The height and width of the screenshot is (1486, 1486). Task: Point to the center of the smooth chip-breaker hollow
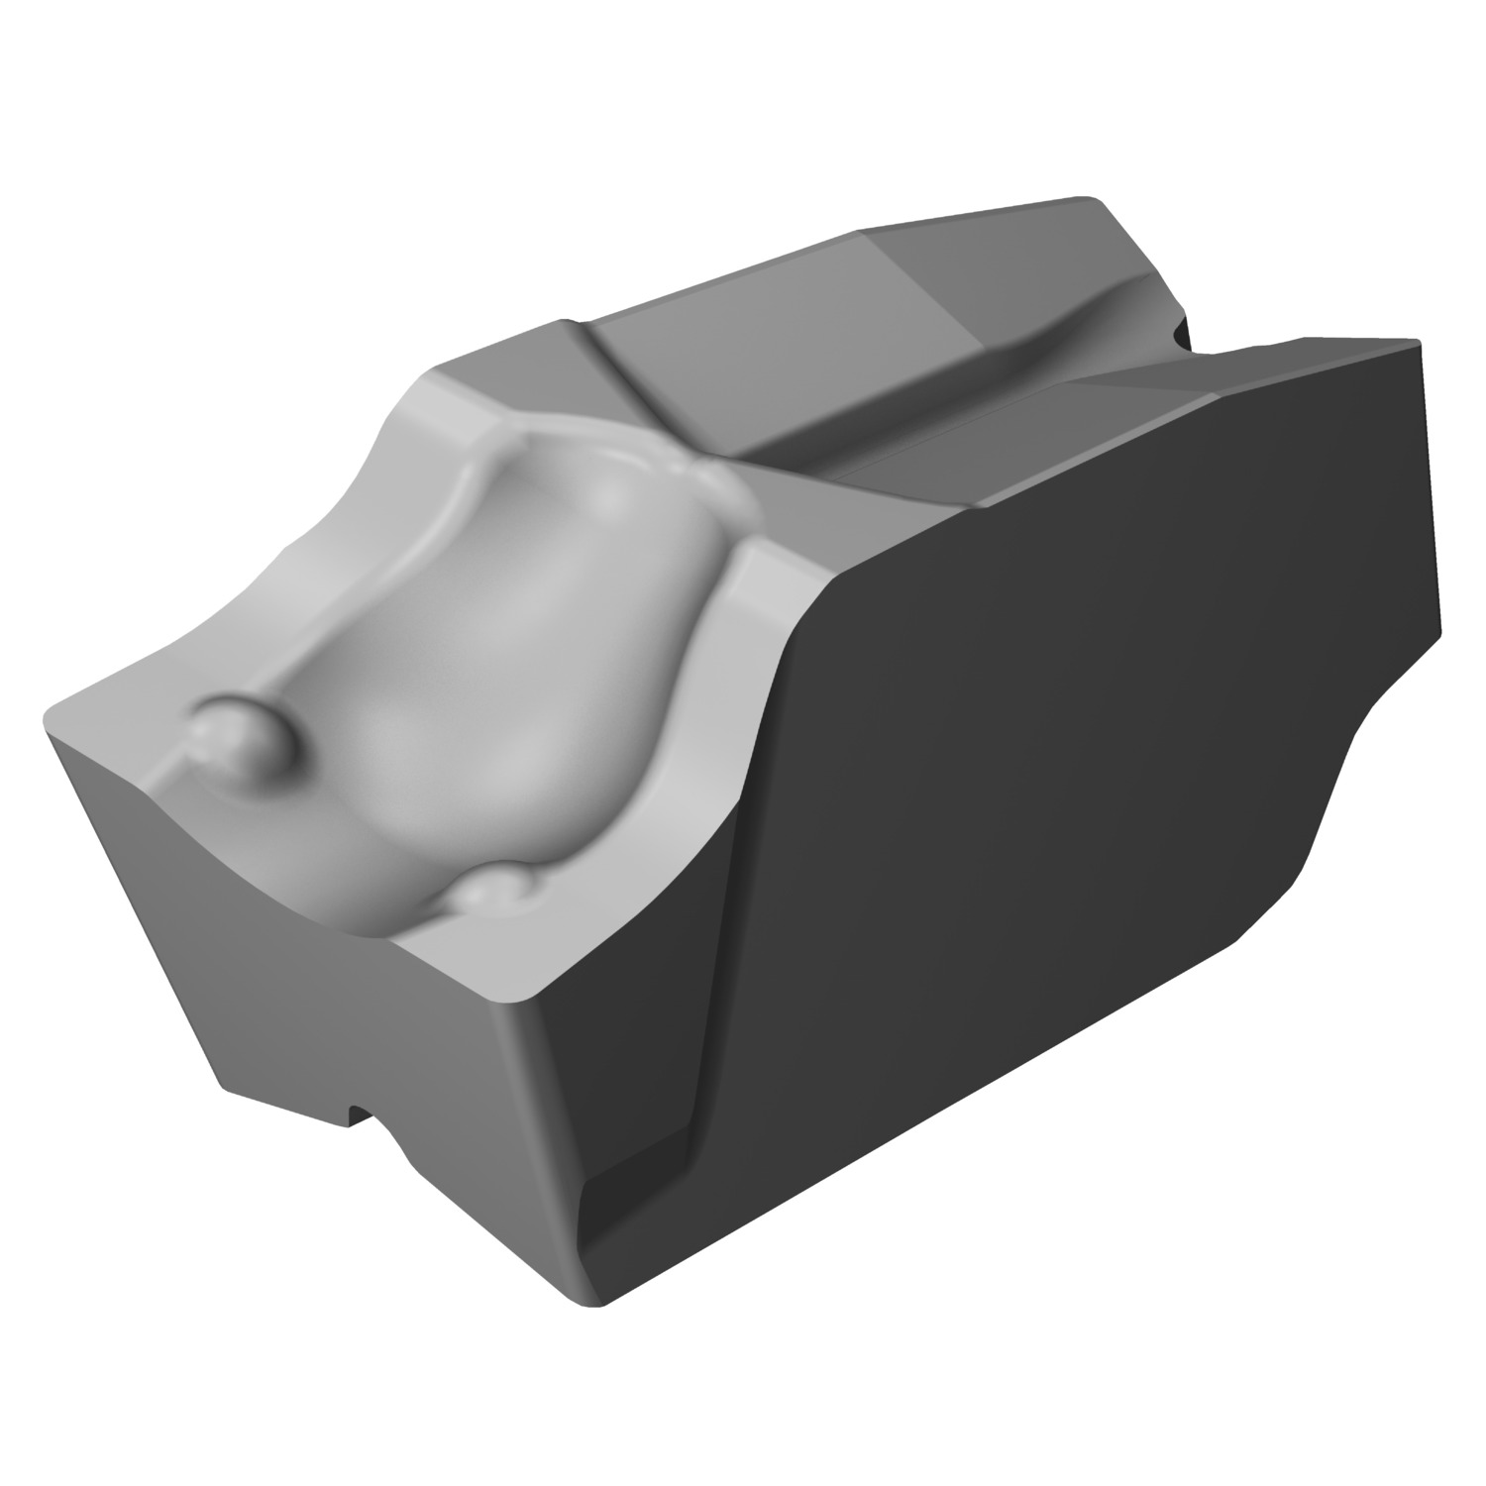pos(495,674)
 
